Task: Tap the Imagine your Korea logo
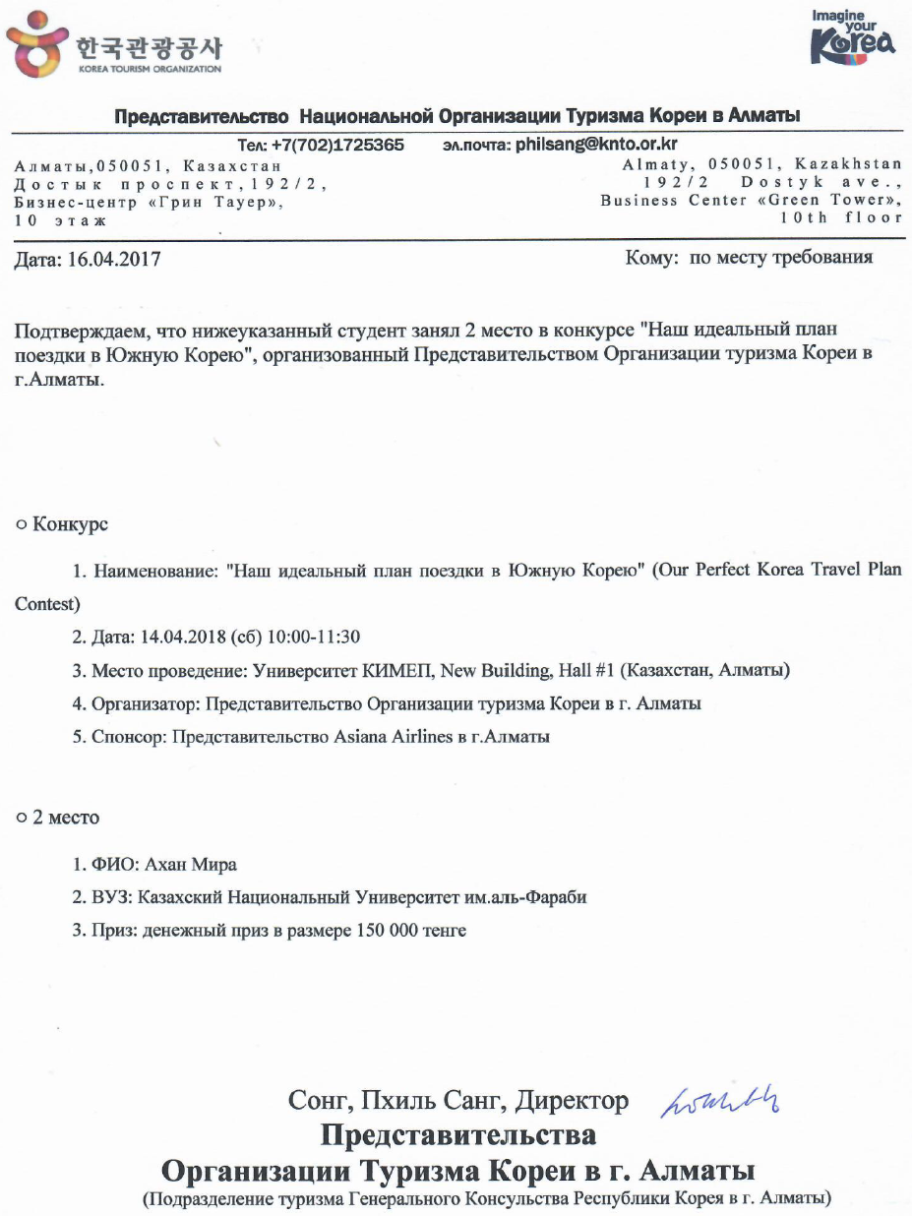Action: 852,39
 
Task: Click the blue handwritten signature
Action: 729,1097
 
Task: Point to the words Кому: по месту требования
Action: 749,259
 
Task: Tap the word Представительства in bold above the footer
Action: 458,1134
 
